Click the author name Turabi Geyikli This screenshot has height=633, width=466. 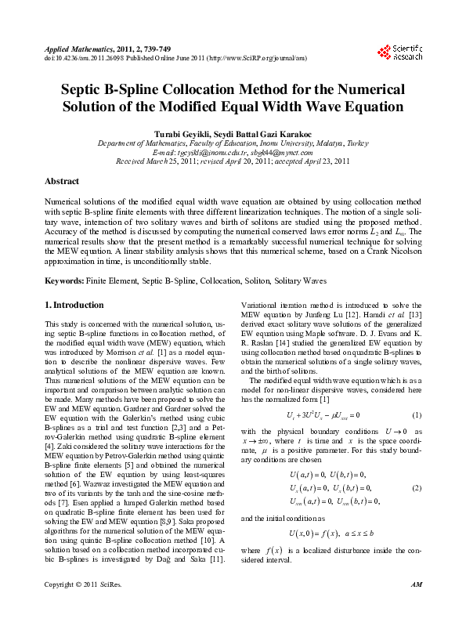tap(184, 134)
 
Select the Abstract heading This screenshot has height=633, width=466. tap(62, 181)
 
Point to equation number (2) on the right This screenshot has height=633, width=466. tap(417, 488)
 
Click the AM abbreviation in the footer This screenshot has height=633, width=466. tap(416, 607)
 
